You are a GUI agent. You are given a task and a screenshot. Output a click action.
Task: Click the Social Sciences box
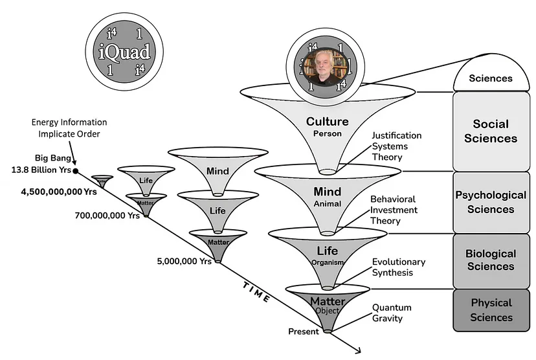[x=490, y=131]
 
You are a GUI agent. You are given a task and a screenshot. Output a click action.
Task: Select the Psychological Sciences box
[x=490, y=202]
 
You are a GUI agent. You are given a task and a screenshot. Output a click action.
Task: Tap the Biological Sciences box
[x=490, y=260]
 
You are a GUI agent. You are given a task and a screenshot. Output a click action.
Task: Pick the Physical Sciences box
[x=490, y=310]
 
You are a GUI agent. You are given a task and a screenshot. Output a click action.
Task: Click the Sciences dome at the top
[x=490, y=77]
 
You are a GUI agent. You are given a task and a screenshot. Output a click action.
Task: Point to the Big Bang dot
[x=76, y=171]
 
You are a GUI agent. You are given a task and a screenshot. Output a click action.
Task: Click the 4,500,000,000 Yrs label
[x=50, y=192]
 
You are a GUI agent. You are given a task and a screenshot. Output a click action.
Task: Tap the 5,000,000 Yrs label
[x=184, y=262]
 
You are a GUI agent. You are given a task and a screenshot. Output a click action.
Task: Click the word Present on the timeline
[x=304, y=332]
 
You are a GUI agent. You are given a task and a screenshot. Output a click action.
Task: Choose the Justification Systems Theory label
[x=396, y=146]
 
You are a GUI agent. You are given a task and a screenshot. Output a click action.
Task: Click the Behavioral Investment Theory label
[x=394, y=210]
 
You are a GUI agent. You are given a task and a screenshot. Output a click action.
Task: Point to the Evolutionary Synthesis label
[x=398, y=267]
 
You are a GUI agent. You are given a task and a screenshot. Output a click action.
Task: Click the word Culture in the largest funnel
[x=327, y=122]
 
